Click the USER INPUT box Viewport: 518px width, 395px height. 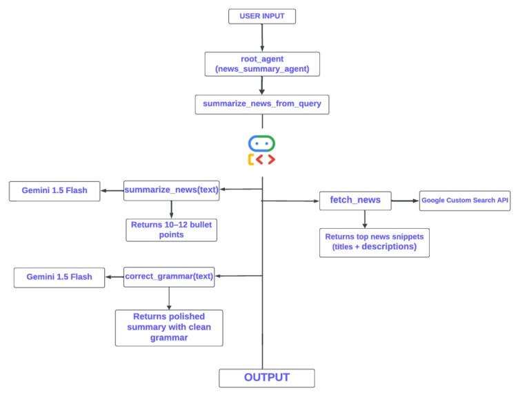pos(261,15)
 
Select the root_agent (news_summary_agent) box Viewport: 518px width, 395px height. pos(261,64)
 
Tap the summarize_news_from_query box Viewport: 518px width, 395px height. pos(261,104)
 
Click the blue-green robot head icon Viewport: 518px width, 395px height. pos(261,143)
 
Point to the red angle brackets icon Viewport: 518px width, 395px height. pos(261,160)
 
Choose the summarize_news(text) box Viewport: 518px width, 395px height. pos(171,190)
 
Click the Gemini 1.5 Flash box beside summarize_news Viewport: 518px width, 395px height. pos(54,191)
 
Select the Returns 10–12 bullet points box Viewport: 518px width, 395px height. pos(171,230)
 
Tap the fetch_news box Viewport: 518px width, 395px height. pos(355,201)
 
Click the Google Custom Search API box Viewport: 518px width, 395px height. pos(465,201)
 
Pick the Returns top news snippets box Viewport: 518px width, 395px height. pos(375,243)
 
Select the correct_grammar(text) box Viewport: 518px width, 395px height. pos(169,278)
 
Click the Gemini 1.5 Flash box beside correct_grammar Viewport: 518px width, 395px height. pos(59,278)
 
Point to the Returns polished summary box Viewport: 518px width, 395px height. pos(169,327)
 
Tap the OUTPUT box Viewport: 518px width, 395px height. pos(266,378)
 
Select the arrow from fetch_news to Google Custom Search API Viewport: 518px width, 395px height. pos(405,201)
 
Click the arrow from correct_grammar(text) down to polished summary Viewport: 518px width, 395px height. pos(169,298)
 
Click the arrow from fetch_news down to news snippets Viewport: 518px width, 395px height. pos(365,220)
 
